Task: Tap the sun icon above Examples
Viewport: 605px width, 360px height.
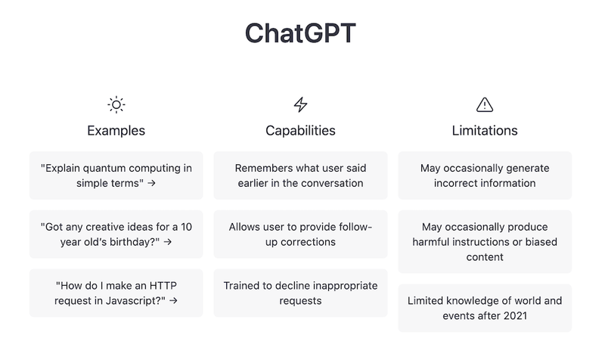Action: point(116,104)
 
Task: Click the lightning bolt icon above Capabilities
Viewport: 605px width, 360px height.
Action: point(300,104)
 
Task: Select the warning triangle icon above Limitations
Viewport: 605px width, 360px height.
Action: point(484,104)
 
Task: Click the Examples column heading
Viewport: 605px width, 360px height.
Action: point(116,131)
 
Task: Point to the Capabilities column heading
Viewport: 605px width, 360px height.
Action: point(300,131)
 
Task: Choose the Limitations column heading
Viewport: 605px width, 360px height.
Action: point(484,131)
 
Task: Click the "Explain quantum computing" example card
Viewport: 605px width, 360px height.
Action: point(116,175)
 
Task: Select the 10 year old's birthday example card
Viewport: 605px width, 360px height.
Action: point(116,234)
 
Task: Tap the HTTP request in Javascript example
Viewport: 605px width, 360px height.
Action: point(116,293)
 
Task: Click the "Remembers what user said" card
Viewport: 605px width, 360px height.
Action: point(300,175)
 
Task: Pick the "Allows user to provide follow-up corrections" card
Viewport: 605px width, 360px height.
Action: point(300,234)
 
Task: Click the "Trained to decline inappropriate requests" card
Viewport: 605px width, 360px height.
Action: point(300,293)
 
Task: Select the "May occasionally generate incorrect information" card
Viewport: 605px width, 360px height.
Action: point(484,175)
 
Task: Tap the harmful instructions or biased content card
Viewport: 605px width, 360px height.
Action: point(484,242)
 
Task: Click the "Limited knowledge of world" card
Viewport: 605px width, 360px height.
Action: point(484,308)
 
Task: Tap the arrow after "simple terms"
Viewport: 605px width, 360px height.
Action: point(152,183)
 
